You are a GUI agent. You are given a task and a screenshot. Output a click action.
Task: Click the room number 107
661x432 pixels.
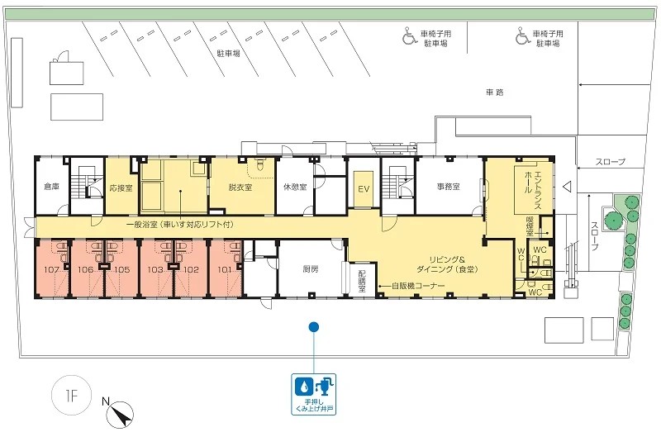51,270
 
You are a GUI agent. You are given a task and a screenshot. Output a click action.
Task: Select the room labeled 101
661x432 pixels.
225,270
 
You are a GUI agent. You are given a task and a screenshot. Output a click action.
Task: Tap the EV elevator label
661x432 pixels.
364,189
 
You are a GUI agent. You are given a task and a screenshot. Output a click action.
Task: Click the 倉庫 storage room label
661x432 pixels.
52,187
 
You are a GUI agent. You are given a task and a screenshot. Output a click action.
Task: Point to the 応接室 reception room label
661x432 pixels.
121,188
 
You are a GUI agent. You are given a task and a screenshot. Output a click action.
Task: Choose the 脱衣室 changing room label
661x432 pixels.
240,188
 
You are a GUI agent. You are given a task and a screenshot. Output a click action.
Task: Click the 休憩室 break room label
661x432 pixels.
295,187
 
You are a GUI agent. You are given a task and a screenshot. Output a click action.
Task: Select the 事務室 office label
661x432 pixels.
448,187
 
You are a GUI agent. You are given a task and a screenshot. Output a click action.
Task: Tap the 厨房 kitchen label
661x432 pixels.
311,270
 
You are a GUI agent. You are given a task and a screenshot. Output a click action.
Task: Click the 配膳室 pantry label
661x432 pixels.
362,281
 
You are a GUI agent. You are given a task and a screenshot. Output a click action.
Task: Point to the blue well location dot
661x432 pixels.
313,326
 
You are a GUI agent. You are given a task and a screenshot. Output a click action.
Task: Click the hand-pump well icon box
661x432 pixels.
314,394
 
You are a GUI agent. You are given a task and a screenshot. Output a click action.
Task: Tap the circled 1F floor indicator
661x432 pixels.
71,396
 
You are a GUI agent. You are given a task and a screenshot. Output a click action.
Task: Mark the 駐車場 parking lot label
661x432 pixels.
229,54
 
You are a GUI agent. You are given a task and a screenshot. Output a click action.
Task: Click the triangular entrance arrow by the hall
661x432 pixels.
567,187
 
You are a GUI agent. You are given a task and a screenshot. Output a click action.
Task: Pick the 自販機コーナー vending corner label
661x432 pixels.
418,286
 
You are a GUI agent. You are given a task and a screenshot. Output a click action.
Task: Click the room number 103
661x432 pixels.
155,270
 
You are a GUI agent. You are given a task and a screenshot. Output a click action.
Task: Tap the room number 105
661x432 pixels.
122,270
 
